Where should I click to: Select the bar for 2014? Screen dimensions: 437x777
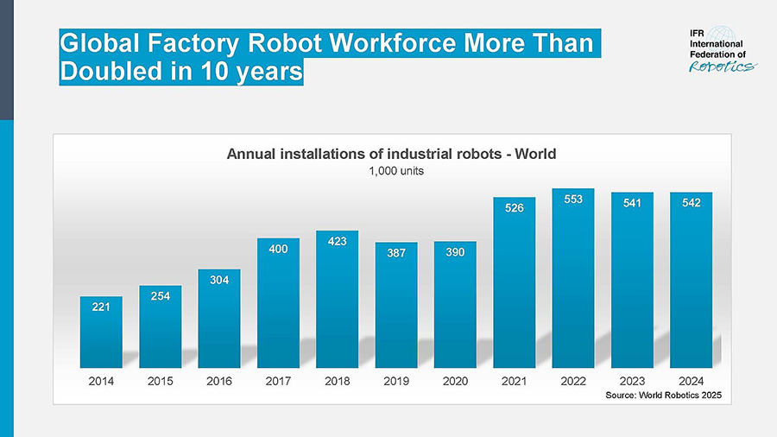click(x=101, y=332)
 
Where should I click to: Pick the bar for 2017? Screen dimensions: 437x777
click(x=278, y=302)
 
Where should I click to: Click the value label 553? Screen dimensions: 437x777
click(x=573, y=199)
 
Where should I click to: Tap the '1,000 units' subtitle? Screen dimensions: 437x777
click(x=391, y=171)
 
